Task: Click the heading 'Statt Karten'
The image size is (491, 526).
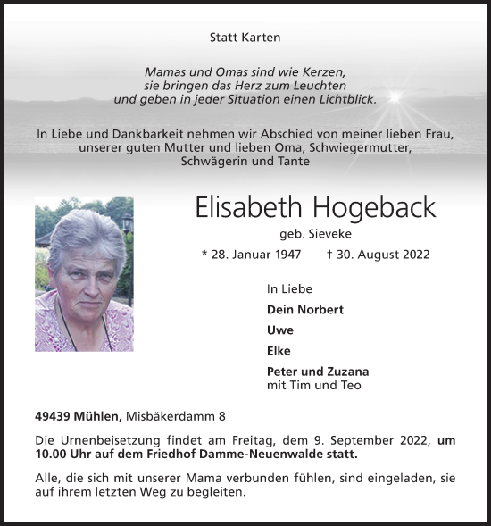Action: coord(245,38)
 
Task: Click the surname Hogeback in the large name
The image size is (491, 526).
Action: coord(374,207)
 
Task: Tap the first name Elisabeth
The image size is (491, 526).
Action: coord(247,207)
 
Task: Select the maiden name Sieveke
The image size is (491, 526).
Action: coord(329,234)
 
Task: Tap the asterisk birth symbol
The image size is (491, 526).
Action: coord(205,255)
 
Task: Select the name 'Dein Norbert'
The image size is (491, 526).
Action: coord(304,309)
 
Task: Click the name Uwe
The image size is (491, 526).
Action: coord(279,330)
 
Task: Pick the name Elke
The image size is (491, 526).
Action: coord(279,350)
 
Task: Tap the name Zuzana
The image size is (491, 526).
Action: coord(346,372)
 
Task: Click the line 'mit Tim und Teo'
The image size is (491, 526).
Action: coord(313,385)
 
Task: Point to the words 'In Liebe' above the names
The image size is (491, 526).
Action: coord(289,288)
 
